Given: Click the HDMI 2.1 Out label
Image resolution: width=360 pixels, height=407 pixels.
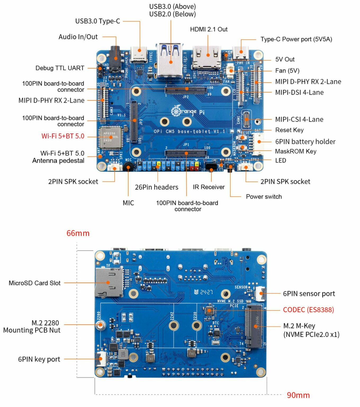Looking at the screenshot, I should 209,29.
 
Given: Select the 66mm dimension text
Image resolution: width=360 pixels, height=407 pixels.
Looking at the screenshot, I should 78,233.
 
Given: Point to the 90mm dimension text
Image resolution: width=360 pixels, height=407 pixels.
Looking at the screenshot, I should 298,395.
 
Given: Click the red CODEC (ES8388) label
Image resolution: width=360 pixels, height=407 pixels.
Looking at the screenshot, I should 308,310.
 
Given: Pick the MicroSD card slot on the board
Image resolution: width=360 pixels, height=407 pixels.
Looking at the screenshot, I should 109,282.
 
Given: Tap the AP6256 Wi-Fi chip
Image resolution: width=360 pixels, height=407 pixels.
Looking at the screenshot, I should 110,137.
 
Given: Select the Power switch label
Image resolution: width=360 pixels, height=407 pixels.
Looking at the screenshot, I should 264,197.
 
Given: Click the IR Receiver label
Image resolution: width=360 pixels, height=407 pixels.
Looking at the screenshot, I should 209,187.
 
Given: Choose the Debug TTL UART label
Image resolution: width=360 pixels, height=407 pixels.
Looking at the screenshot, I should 60,68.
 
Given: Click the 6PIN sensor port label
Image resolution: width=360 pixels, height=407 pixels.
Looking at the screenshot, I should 309,294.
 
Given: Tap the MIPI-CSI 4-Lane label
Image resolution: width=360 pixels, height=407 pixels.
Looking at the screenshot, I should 299,120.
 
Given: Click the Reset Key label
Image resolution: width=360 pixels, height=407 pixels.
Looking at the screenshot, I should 289,130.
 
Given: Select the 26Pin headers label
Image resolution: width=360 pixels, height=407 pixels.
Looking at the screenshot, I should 156,187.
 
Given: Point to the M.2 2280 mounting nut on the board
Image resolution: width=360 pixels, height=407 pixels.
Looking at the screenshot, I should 100,325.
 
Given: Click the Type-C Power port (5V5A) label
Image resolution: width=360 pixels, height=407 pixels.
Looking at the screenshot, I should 296,39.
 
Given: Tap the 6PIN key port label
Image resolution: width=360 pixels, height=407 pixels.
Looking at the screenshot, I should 39,359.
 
